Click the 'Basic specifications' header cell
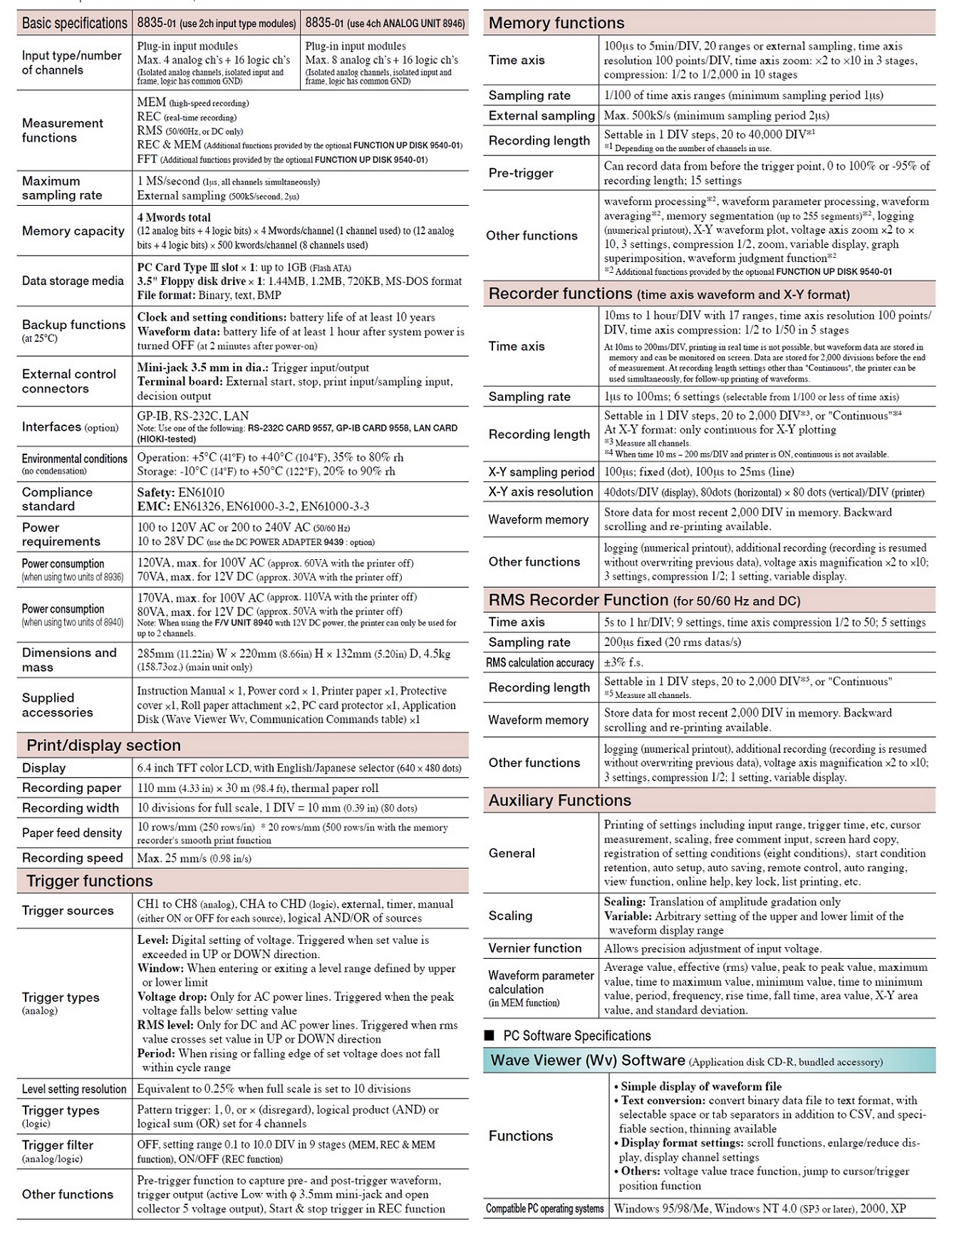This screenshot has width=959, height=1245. [74, 24]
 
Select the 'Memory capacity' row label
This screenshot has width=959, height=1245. [73, 231]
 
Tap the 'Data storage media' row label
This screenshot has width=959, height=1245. [73, 281]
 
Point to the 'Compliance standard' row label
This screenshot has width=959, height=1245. [57, 499]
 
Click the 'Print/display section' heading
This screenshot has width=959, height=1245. [103, 746]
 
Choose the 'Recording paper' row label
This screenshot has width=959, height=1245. [71, 788]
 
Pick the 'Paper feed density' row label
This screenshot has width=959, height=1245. [72, 833]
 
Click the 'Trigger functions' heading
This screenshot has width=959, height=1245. [89, 881]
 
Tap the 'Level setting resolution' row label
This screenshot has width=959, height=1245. [74, 1089]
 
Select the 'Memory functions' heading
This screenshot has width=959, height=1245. [556, 24]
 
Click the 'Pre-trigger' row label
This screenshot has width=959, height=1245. [521, 173]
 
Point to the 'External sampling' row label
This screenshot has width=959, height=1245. [541, 115]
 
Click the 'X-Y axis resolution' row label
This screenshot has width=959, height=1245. [541, 492]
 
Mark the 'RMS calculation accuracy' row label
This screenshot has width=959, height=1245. [540, 663]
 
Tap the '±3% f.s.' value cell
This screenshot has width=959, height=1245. [623, 663]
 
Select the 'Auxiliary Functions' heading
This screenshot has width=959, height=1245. [560, 801]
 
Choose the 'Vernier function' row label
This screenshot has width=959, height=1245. [535, 949]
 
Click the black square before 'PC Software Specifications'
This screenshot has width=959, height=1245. [489, 1036]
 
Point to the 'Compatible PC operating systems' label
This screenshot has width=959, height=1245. [545, 1209]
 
